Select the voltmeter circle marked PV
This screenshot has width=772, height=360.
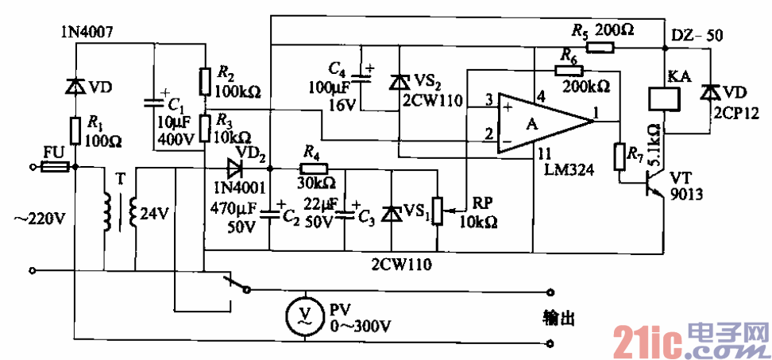tap(303, 315)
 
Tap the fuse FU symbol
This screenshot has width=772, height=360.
tap(56, 167)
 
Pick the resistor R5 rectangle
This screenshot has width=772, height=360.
tap(600, 48)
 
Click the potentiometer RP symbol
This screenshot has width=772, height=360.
tap(435, 210)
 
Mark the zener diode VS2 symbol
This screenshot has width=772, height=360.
tap(399, 81)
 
